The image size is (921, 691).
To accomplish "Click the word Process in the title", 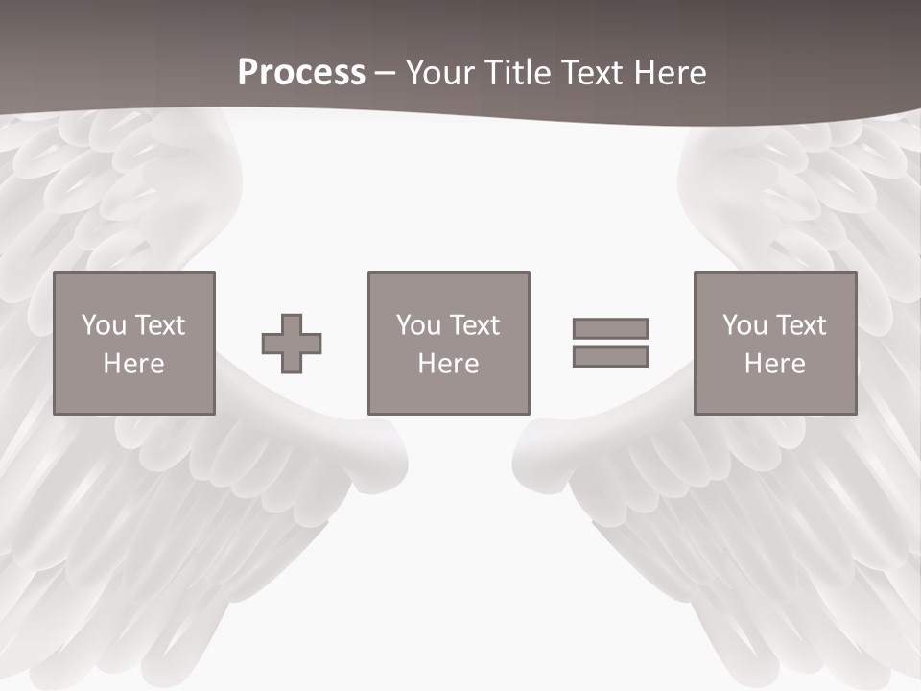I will pos(301,73).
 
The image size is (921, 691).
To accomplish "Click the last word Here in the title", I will pos(669,73).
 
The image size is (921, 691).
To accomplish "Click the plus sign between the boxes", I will pos(292,344).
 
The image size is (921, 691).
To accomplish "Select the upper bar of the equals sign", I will pos(610,328).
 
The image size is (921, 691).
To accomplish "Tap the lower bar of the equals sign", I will pos(610,357).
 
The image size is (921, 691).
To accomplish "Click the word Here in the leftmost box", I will pos(133,364).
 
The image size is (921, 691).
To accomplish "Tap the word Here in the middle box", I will pos(448,364).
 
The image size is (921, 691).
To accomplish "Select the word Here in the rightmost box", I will pos(774,364).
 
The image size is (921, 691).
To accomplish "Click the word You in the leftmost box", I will pos(104,325).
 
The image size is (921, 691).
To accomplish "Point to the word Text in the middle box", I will pos(474,325).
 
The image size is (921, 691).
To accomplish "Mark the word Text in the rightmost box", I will pos(800,325).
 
